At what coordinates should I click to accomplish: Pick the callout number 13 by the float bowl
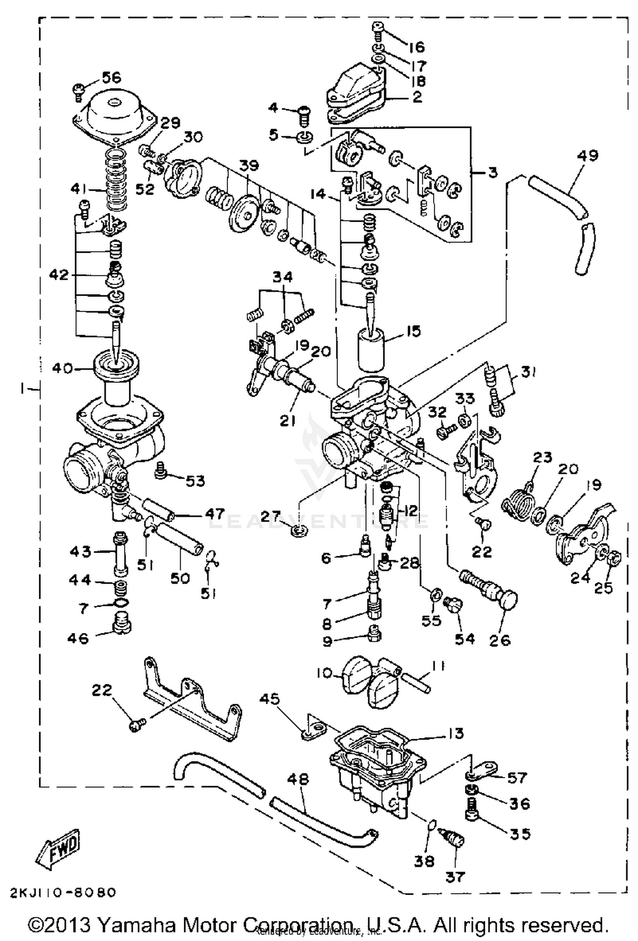click(x=456, y=733)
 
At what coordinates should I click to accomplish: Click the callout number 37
click(x=454, y=876)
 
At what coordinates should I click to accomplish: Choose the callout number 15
click(x=411, y=331)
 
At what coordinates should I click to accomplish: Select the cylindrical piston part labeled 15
click(x=371, y=348)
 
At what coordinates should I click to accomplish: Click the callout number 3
click(x=493, y=173)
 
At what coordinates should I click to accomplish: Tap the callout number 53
click(x=195, y=481)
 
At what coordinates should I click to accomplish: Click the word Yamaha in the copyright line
click(x=137, y=925)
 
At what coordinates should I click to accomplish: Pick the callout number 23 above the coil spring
click(x=542, y=458)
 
